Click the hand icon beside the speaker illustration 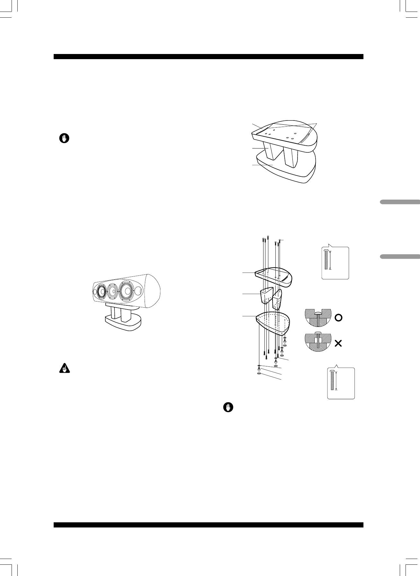tap(64, 139)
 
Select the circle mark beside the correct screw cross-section tap(338, 318)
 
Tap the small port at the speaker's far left tap(95, 293)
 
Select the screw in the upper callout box tap(327, 259)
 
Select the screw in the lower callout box tap(332, 380)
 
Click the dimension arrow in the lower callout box tap(336, 381)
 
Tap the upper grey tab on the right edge tap(400, 202)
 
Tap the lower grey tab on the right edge tap(400, 256)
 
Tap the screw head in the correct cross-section tap(318, 312)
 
